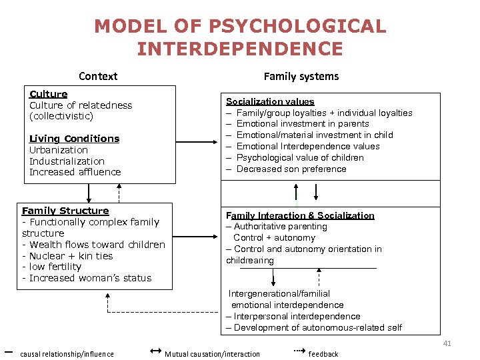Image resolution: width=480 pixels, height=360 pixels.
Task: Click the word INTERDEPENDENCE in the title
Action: [240, 49]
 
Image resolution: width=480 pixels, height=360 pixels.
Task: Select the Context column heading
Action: [98, 76]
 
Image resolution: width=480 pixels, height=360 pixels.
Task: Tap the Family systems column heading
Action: [301, 76]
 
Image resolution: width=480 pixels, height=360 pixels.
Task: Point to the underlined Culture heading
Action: [49, 94]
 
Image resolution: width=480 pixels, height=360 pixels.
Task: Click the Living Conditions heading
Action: [75, 139]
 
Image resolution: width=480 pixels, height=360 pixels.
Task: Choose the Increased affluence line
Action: [75, 172]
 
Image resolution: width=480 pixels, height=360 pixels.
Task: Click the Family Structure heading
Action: [65, 211]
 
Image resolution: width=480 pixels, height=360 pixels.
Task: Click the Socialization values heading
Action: [270, 101]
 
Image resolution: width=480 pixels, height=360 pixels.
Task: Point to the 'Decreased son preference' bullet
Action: [291, 169]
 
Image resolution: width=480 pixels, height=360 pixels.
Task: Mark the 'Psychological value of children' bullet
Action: [300, 157]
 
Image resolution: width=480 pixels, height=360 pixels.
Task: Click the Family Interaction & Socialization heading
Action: [300, 215]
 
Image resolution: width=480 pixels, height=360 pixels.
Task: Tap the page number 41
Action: [447, 343]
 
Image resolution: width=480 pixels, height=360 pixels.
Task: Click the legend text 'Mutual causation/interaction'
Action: [212, 354]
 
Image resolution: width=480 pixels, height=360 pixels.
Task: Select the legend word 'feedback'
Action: [323, 354]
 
